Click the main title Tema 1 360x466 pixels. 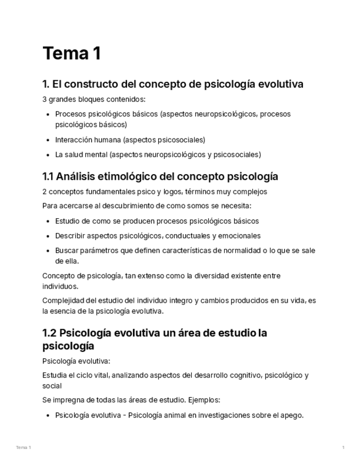point(71,54)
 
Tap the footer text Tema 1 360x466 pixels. point(23,448)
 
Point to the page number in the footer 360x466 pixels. point(344,448)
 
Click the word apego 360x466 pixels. point(292,415)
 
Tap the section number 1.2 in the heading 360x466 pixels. point(49,333)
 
